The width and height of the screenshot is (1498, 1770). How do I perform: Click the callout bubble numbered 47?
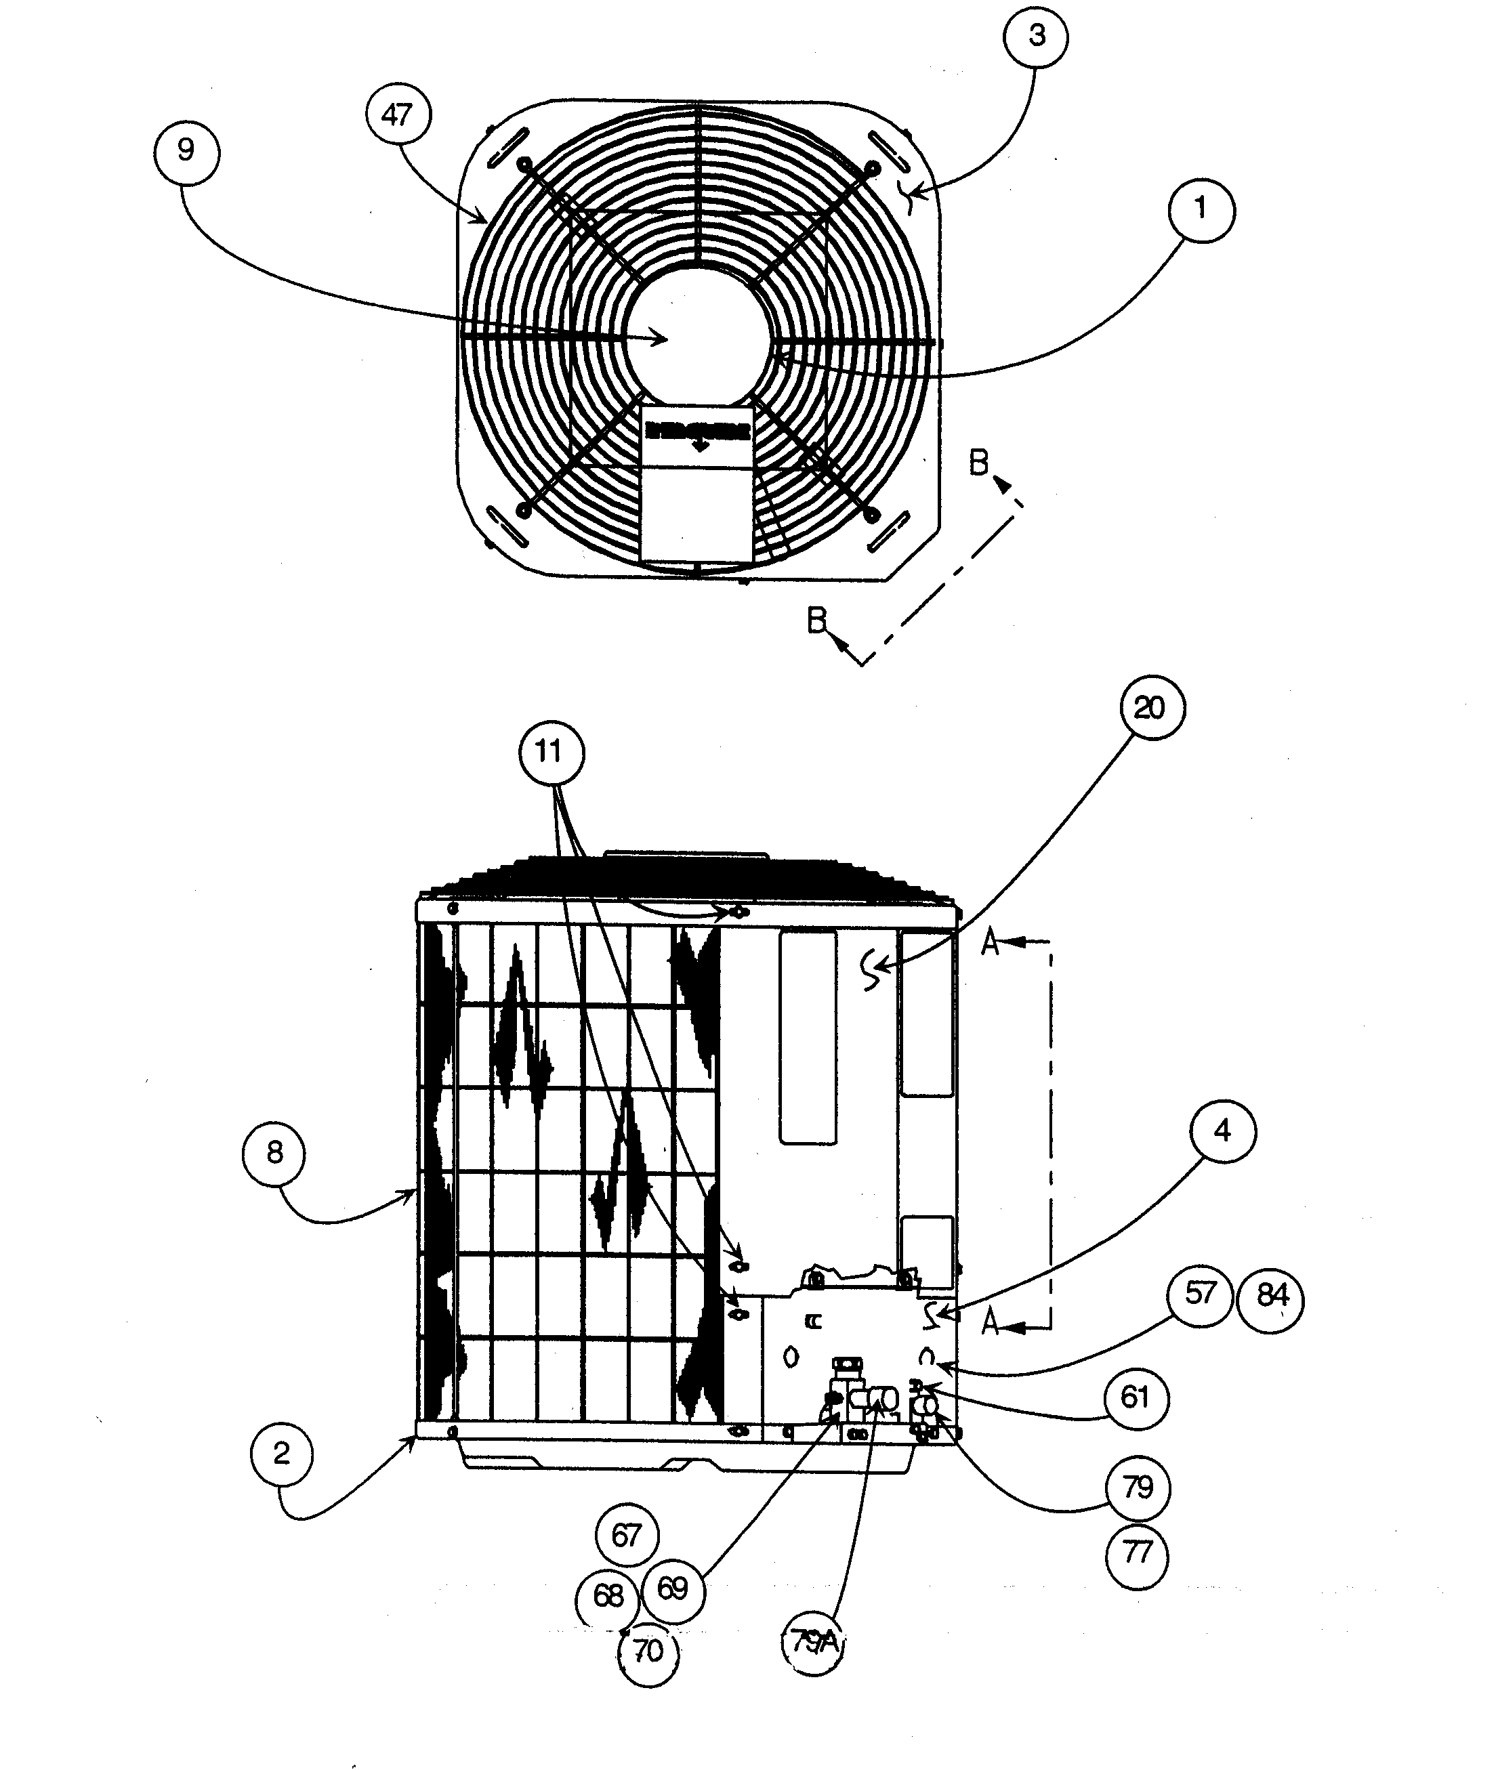coord(398,114)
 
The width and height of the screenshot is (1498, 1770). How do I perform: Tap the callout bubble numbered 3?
coord(1036,37)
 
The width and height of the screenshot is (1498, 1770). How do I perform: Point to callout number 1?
coord(1201,209)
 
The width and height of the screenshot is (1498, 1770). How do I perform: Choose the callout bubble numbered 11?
coord(551,752)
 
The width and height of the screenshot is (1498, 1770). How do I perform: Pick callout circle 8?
coord(274,1154)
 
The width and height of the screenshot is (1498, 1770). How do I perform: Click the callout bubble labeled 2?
coord(283,1454)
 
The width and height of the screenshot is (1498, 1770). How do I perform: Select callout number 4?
coord(1222,1132)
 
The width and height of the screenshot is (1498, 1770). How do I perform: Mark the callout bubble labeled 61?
coord(1136,1397)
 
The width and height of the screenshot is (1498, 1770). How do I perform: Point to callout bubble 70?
coord(649,1651)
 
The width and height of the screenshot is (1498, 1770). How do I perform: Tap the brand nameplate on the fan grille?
coord(697,434)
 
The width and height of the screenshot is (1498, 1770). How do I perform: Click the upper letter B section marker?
coord(979,463)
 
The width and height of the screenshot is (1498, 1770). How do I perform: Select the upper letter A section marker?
coord(990,942)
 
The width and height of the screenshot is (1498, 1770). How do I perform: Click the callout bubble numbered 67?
coord(627,1535)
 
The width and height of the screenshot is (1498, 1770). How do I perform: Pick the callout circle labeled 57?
coord(1200,1294)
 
